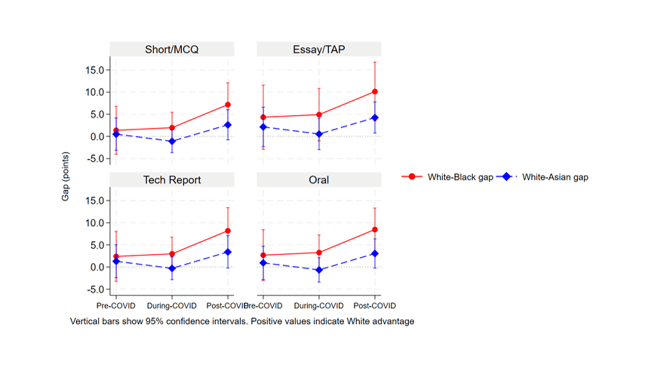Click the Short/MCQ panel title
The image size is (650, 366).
pos(172,49)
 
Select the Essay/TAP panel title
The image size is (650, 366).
pos(318,49)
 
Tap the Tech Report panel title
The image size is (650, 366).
pos(172,180)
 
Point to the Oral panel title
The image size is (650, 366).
pos(318,180)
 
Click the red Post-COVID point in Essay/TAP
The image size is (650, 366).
pos(375,91)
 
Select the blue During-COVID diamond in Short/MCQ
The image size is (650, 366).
pos(172,141)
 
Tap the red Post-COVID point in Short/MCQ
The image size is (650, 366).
pos(227,105)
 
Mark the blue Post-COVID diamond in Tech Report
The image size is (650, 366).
pos(227,252)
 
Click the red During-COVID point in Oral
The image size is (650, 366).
pos(319,252)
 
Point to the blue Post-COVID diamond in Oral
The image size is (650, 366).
pos(375,253)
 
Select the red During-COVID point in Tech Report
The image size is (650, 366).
pos(172,254)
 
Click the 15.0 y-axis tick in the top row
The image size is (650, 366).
pos(94,70)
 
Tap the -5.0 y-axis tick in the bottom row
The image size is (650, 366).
pos(95,289)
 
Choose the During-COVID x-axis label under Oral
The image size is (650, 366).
pos(319,306)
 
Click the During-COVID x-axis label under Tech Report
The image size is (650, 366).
pos(172,306)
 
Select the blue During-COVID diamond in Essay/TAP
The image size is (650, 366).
pos(319,134)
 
